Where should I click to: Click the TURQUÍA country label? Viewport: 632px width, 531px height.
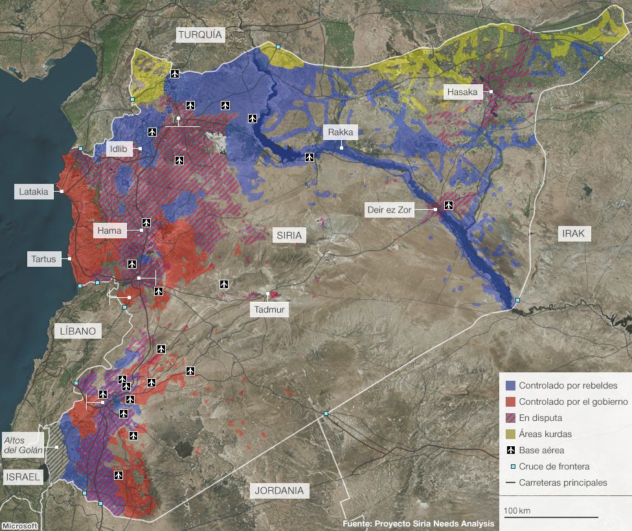click(200, 35)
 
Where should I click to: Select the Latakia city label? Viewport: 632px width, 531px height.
click(34, 192)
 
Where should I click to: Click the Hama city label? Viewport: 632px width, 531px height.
click(109, 231)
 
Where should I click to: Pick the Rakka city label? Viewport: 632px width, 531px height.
click(341, 133)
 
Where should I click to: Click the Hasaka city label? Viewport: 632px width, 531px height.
click(462, 92)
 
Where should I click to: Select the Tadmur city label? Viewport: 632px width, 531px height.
click(269, 310)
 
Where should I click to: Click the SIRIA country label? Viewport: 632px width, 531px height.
click(289, 235)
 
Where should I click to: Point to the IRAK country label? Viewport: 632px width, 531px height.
click(574, 234)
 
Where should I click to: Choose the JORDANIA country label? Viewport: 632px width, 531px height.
click(278, 490)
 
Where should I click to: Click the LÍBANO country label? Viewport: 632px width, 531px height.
click(78, 332)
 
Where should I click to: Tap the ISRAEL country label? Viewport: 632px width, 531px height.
click(24, 477)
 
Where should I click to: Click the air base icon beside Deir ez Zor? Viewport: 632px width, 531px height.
click(448, 205)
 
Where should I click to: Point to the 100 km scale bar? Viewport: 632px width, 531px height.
click(551, 516)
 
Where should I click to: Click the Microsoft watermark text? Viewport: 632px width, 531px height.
click(19, 526)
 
